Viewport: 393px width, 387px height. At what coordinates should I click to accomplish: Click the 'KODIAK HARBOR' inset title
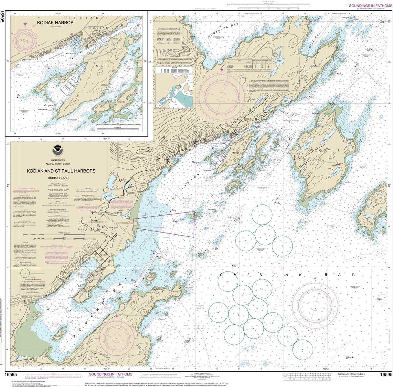click(55, 23)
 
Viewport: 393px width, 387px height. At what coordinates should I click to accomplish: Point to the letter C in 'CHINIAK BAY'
click(222, 275)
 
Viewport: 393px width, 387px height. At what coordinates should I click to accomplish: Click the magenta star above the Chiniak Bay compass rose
click(315, 278)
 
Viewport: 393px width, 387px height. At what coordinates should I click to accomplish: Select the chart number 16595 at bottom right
click(386, 374)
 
